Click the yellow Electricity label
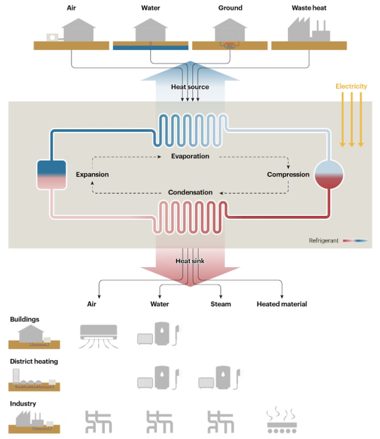click(x=351, y=87)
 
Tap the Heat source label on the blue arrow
click(x=190, y=87)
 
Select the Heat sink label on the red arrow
click(x=190, y=261)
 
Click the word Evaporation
click(x=190, y=157)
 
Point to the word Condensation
click(x=190, y=193)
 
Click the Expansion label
click(x=92, y=174)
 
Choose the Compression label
click(x=288, y=174)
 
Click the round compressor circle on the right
click(x=330, y=174)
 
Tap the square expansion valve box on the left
click(x=52, y=174)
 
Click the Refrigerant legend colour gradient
click(x=355, y=241)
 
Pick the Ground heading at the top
click(x=230, y=8)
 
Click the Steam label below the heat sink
click(x=221, y=304)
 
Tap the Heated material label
click(x=282, y=304)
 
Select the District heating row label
click(x=34, y=361)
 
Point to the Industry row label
click(x=23, y=403)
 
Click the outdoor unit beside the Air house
click(x=53, y=37)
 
